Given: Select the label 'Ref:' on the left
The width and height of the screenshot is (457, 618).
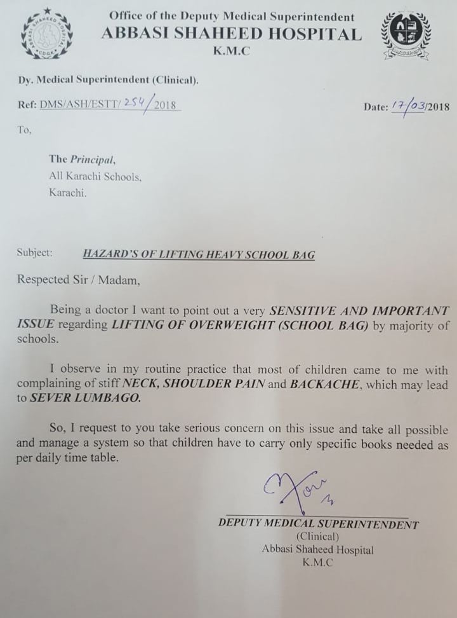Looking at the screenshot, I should click(x=27, y=107).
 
